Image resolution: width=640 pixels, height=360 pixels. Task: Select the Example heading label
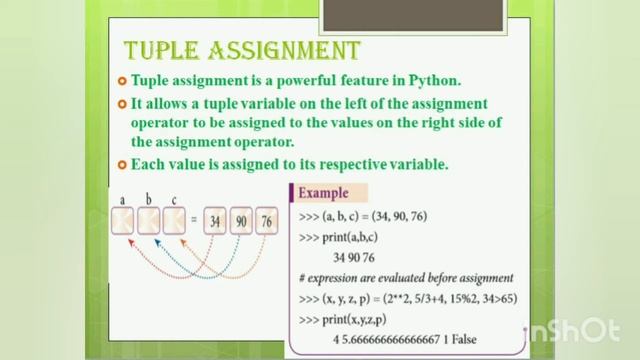[x=323, y=193]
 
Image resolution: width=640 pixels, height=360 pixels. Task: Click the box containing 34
[x=215, y=220]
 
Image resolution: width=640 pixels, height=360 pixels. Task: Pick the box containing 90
[x=241, y=220]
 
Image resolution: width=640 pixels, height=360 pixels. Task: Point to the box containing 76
[x=266, y=220]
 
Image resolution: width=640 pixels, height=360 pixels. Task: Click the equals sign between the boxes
[x=194, y=220]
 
